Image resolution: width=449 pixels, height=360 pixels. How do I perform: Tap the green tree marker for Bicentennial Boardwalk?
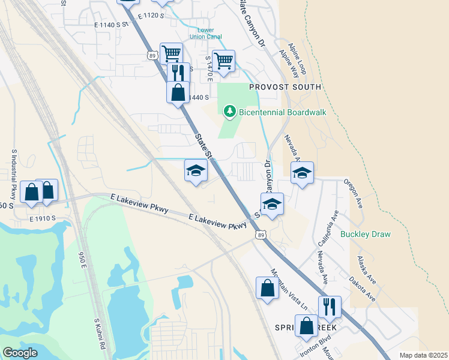229,111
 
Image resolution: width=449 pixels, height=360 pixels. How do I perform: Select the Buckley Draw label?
365,234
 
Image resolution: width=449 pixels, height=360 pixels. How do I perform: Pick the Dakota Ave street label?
363,288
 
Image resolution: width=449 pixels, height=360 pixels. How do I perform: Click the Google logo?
20,353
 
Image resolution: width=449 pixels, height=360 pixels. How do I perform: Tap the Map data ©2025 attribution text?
423,355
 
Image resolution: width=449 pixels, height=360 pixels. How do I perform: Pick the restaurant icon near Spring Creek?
330,307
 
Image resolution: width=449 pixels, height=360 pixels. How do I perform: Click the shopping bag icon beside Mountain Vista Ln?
267,289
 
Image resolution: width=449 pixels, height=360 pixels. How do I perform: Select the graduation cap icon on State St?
195,172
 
